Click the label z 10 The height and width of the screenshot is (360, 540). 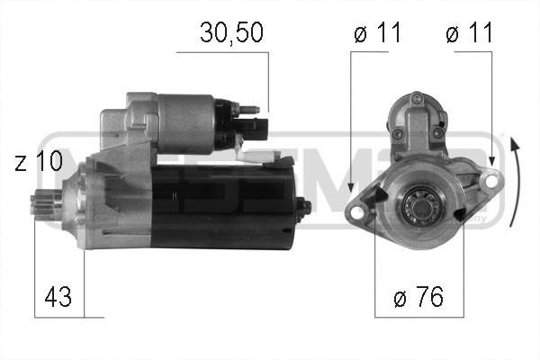pyautogui.click(x=39, y=161)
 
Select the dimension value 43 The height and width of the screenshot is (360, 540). pyautogui.click(x=58, y=296)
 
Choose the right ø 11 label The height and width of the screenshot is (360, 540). pyautogui.click(x=469, y=35)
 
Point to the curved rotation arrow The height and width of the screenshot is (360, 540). pyautogui.click(x=515, y=180)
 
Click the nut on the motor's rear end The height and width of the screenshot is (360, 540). pyautogui.click(x=304, y=206)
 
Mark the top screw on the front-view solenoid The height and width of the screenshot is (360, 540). pyautogui.click(x=415, y=95)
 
